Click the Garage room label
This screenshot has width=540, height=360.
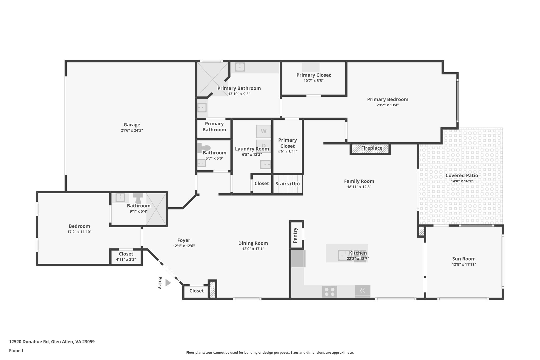tap(132, 125)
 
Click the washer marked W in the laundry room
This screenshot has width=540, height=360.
tap(264, 131)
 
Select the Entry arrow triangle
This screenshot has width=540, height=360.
tap(168, 283)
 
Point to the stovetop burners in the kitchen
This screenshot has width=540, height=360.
tap(330, 292)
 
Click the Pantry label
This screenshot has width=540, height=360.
tap(295, 235)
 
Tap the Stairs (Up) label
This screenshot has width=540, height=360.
tap(287, 184)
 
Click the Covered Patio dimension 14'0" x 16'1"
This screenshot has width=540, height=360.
tap(462, 181)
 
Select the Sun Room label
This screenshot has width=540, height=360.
tap(464, 259)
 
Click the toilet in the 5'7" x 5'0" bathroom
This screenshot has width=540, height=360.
tap(204, 148)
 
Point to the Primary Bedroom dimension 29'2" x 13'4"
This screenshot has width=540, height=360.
tap(388, 105)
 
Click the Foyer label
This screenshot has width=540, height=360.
tap(184, 240)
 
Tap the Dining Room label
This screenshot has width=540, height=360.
tap(253, 243)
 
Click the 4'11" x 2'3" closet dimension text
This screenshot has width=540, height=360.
tap(126, 259)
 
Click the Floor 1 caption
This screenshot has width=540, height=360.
tap(16, 351)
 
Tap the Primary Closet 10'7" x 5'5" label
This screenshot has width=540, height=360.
tap(314, 75)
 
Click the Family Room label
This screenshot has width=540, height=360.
tap(359, 181)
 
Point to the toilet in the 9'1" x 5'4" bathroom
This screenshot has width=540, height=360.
tap(138, 199)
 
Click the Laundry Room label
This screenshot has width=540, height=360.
tap(252, 149)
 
